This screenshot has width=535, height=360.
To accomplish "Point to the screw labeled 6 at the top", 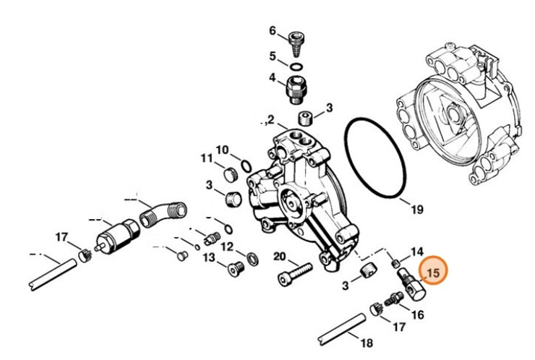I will [x=295, y=43].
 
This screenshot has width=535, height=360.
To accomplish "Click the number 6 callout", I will [x=273, y=31].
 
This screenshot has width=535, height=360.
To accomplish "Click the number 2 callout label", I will [x=271, y=119].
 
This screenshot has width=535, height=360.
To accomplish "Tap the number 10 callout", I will [x=223, y=150].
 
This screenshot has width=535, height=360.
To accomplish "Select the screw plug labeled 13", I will [x=234, y=270].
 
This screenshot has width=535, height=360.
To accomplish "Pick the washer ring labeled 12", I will [x=252, y=257].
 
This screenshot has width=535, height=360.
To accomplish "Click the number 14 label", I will [x=417, y=252].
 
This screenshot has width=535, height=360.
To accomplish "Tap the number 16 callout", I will [x=417, y=314].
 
